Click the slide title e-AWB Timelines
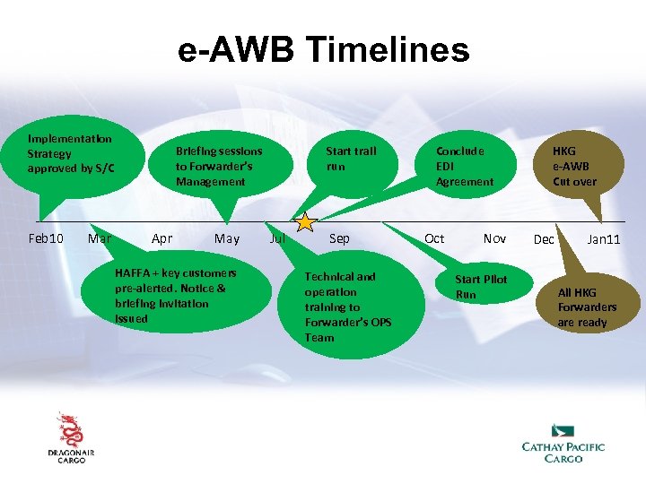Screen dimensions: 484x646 pos(323,50)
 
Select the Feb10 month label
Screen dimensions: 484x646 pos(46,238)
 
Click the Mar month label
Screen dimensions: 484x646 pos(100,238)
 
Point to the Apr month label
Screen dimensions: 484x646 pos(162,238)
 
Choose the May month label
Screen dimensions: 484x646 pos(227,238)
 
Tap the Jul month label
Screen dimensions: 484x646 pos(278,238)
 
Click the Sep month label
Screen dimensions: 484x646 pos(339,238)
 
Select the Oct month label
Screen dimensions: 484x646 pos(434,238)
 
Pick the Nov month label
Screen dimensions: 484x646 pos(494,238)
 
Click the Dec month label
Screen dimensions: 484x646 pos(544,239)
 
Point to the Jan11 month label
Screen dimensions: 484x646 pos(603,239)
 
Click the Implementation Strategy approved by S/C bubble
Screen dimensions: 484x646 pos(72,154)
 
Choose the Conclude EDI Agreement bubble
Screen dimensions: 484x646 pos(465,166)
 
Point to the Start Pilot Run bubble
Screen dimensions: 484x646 pos(481,287)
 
